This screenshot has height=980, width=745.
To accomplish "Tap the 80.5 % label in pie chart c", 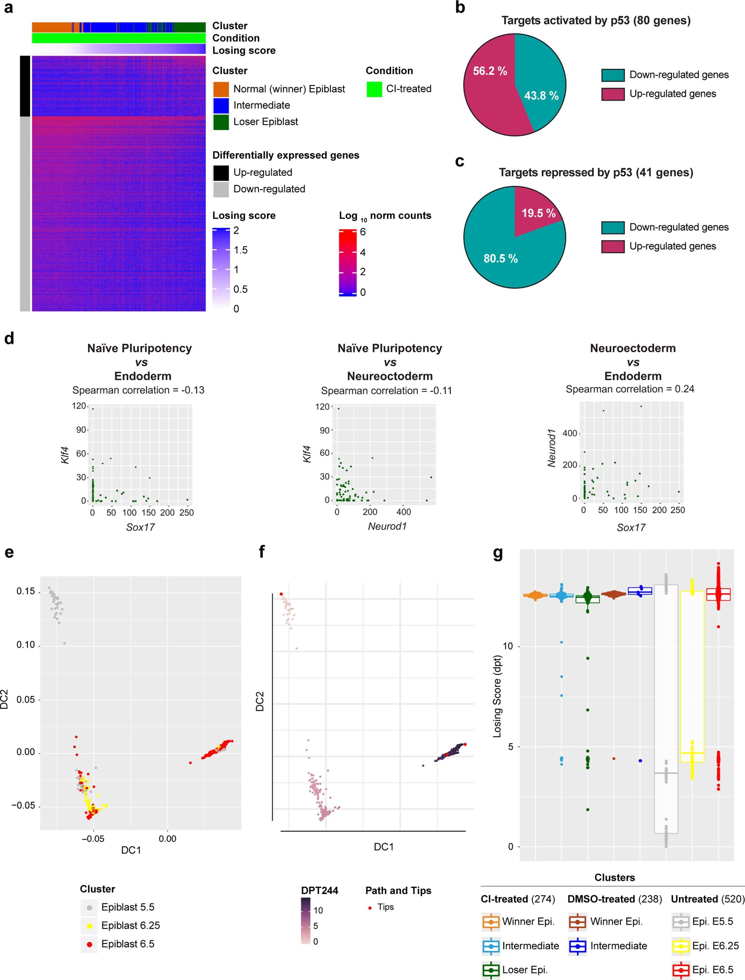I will [x=500, y=259].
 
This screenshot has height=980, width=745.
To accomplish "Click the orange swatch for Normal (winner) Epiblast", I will [x=221, y=89].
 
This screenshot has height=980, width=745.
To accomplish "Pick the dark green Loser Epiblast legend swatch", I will [x=221, y=122].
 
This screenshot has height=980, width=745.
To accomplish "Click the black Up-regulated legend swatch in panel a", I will [x=221, y=172].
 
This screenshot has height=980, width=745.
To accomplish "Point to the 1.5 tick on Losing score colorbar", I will [x=241, y=250].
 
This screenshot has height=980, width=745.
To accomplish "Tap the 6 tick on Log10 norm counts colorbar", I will [x=363, y=232].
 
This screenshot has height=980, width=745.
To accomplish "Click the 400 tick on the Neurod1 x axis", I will [x=403, y=512].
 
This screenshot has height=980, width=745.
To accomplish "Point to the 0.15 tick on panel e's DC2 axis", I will [x=26, y=592].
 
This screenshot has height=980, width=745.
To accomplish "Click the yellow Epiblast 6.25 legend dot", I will [x=89, y=926].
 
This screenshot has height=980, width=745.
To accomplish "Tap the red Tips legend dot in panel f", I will [x=370, y=908].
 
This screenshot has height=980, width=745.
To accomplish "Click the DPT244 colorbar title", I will [x=319, y=891].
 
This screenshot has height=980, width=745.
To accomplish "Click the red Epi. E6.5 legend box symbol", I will [x=680, y=970].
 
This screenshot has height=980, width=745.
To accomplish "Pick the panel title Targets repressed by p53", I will [x=596, y=172].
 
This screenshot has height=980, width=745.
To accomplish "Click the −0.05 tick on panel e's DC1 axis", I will [x=93, y=839].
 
